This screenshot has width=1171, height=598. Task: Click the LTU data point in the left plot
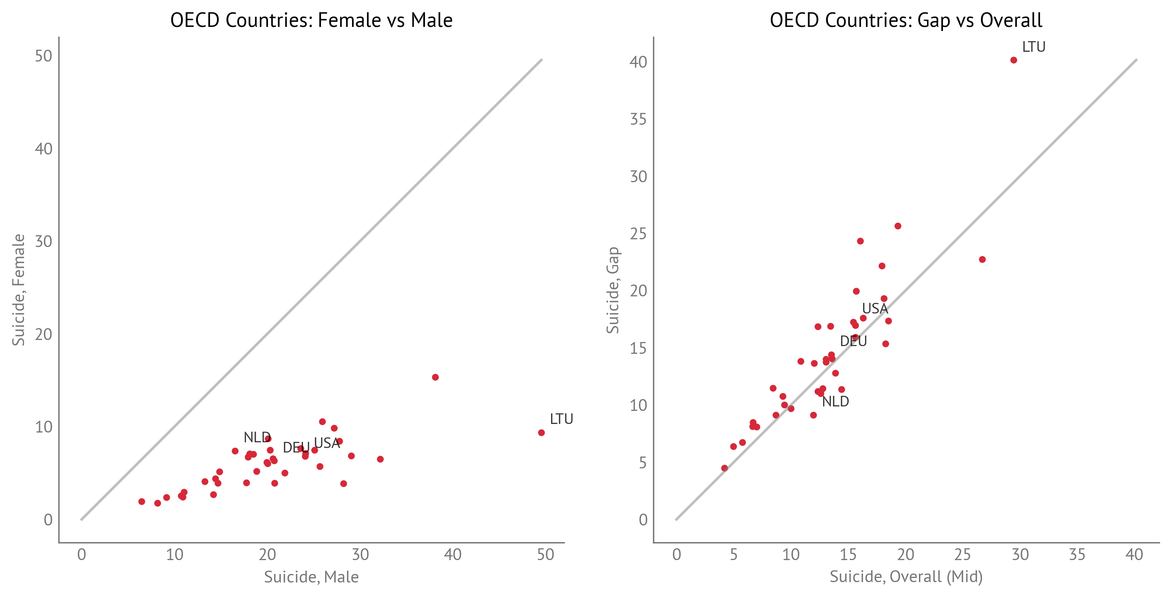541,433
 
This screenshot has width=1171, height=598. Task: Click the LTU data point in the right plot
1013,60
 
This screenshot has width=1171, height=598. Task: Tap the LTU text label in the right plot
1033,47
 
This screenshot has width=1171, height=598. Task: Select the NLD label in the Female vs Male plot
257,437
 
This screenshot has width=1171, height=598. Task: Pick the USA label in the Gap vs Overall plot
874,309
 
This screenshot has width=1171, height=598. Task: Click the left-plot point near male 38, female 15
435,377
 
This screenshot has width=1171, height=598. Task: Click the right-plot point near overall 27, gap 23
982,260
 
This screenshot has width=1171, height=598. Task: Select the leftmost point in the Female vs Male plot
142,502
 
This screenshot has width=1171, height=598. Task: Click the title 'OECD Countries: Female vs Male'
311,20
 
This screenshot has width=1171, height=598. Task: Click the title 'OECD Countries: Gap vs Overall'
905,20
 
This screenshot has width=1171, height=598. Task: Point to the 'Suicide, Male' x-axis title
311,577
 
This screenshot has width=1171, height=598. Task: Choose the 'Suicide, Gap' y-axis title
613,290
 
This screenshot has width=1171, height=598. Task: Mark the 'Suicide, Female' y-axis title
18,290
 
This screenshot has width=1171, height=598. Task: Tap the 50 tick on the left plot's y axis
44,56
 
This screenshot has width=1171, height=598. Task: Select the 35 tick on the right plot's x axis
1077,554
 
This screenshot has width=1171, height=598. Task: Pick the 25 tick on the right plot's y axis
638,234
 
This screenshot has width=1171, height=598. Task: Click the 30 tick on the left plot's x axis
360,554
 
